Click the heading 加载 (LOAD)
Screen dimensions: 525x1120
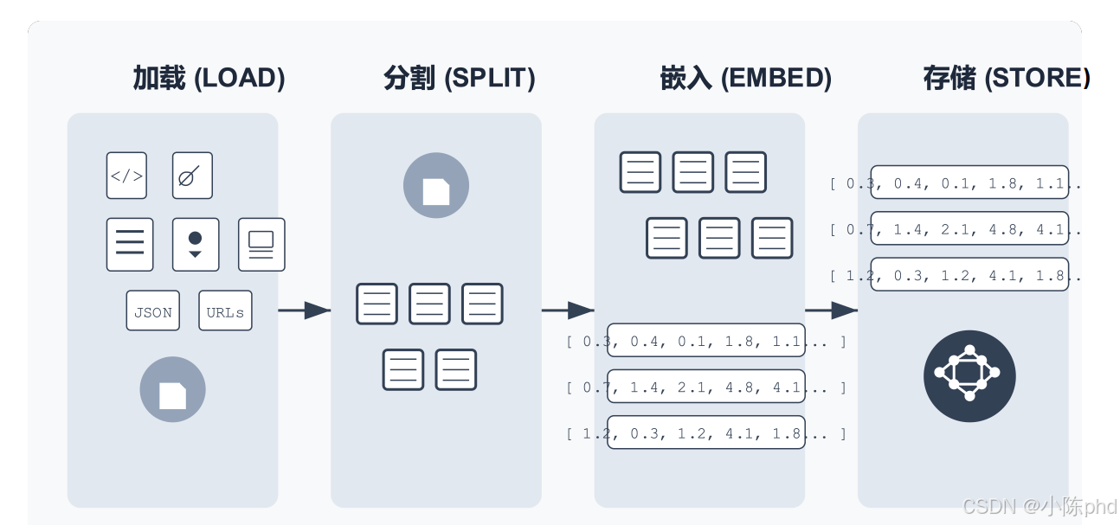(209, 79)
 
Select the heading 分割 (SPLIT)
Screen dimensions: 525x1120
(459, 79)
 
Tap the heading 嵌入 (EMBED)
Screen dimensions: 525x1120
(745, 79)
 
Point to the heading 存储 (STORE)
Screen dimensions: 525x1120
(1006, 79)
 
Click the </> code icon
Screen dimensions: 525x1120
(126, 176)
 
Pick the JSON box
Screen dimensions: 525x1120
(153, 311)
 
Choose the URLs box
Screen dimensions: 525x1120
(225, 311)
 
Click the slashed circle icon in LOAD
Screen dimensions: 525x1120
(192, 176)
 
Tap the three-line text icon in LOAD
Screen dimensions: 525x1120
(130, 244)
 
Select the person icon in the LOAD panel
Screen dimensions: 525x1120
(196, 244)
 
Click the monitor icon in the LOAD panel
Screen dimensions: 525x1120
(261, 244)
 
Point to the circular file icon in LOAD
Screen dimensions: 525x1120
(172, 390)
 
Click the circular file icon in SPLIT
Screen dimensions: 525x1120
(436, 186)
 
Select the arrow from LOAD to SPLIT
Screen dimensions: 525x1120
(305, 310)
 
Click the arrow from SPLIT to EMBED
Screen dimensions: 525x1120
(568, 310)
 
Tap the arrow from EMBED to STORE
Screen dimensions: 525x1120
(831, 310)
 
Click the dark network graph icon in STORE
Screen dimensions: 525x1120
(969, 376)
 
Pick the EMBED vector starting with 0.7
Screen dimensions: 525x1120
(706, 387)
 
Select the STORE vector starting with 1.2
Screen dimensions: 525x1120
(969, 275)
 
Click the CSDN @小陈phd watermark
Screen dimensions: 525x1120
(1040, 506)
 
